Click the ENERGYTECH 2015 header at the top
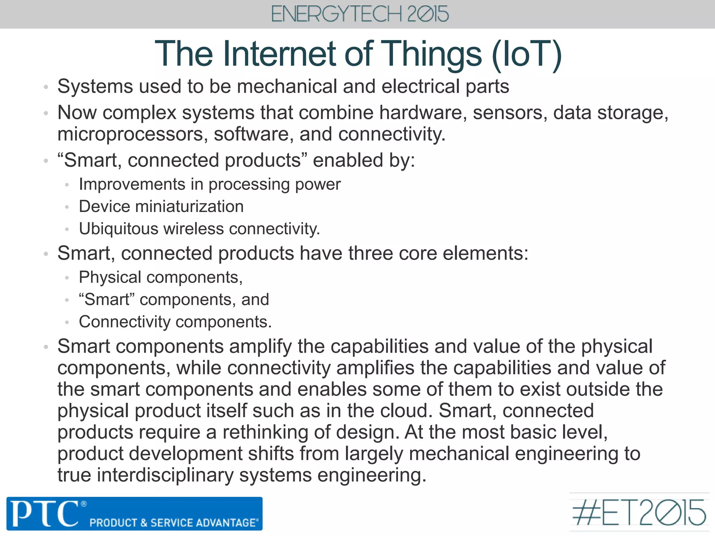click(x=360, y=14)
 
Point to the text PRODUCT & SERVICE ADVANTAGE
click(x=174, y=523)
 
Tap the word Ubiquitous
click(x=118, y=229)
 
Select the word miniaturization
click(x=189, y=207)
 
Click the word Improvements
click(x=132, y=184)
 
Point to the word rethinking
click(x=265, y=432)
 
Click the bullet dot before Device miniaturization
click(x=67, y=207)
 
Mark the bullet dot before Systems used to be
click(x=45, y=87)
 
